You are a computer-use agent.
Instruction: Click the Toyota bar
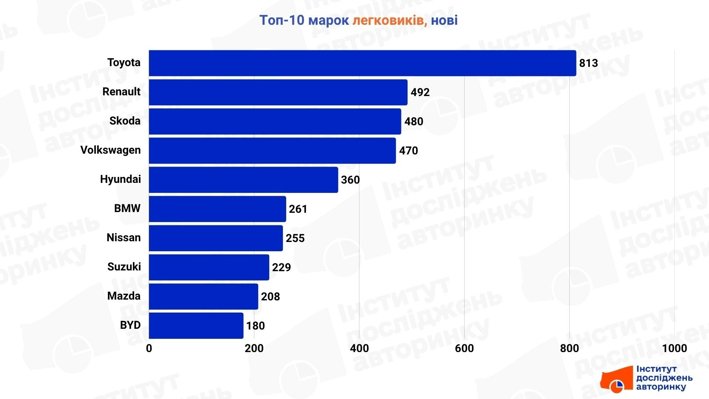coord(362,63)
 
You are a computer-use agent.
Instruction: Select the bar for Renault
coord(278,92)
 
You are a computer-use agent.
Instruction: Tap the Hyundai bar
coord(243,180)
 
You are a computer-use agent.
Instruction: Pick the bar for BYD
coord(196,325)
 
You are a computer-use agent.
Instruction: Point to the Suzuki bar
coord(209,267)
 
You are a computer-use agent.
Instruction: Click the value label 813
coord(588,63)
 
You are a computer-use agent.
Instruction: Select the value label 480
coord(414,122)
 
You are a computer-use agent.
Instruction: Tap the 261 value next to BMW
coord(298,209)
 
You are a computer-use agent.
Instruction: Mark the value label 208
coord(270,297)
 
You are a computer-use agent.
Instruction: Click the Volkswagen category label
coord(110,150)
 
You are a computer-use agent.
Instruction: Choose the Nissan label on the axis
coord(123,238)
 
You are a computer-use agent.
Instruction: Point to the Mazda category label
coord(124,296)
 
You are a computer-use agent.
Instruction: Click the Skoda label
coord(125,121)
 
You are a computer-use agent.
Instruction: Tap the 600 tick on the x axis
coord(464,348)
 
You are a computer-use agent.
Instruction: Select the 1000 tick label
coord(674,348)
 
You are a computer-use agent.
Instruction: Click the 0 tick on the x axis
coord(149,348)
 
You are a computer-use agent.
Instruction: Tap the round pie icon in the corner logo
coord(616,386)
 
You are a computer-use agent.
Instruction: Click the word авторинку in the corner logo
coord(661,387)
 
